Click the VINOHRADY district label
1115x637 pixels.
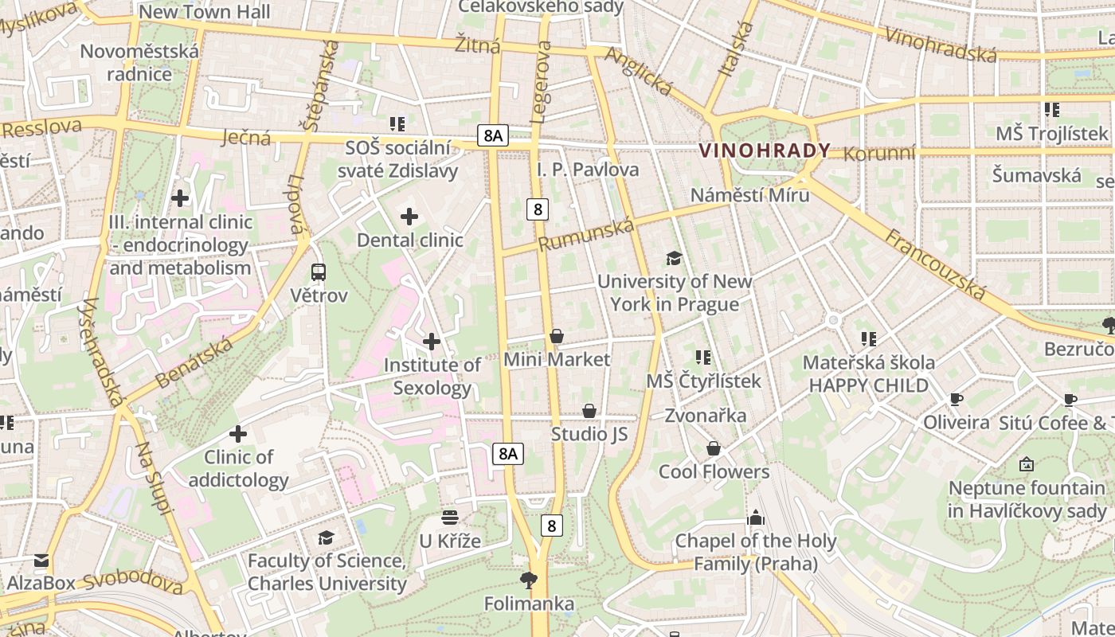tap(764, 150)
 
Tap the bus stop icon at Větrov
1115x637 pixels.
tap(319, 272)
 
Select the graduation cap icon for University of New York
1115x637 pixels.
tap(674, 258)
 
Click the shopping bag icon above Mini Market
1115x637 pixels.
tap(557, 337)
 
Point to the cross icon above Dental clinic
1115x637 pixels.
tap(409, 217)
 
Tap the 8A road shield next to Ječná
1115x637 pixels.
tap(493, 135)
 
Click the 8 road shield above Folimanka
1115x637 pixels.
tap(551, 526)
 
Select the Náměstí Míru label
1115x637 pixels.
tap(749, 195)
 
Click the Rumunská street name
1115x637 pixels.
tap(586, 235)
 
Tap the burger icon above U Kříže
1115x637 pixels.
tap(450, 518)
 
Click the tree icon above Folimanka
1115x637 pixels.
tap(528, 580)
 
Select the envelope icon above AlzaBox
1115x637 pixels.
tap(41, 561)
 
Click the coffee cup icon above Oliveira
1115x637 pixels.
tap(957, 400)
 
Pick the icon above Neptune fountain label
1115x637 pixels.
tap(1027, 464)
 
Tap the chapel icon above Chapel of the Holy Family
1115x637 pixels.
tap(755, 518)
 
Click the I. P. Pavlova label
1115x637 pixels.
tap(588, 169)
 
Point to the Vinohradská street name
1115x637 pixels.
tap(941, 45)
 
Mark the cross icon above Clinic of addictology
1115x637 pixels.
tap(238, 434)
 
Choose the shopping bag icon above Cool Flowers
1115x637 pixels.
tap(714, 449)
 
